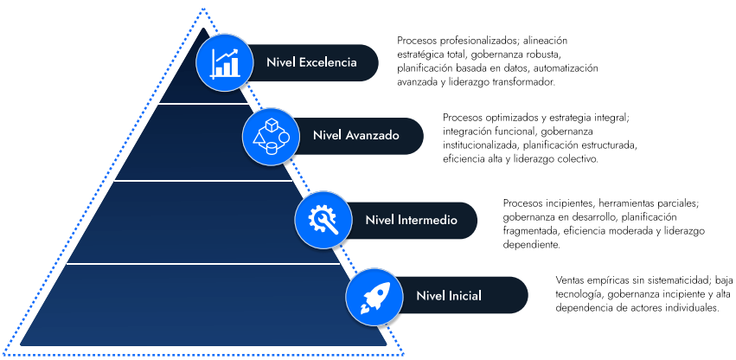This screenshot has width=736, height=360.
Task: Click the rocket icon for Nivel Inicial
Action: point(374,297)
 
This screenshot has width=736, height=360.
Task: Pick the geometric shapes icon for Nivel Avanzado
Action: point(271,136)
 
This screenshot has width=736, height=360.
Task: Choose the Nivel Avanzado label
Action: point(355,136)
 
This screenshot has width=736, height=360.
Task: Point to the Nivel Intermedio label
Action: point(411,221)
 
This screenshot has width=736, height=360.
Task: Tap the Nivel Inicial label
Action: point(448,297)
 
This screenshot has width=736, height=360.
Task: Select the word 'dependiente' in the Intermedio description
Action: point(529,245)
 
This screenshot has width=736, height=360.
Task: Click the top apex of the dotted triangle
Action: point(203,10)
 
